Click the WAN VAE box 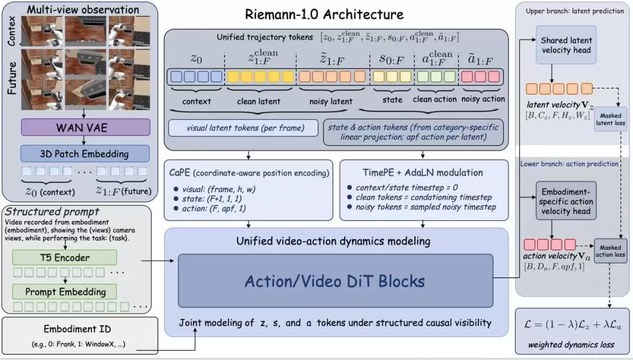[86, 128]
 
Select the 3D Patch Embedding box [85, 154]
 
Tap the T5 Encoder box [64, 258]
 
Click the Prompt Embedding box [64, 292]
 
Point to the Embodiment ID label [77, 329]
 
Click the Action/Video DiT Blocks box [335, 281]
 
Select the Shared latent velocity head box [566, 45]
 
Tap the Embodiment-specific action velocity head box [566, 201]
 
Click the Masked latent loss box [610, 119]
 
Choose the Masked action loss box [610, 251]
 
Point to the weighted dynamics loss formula [571, 324]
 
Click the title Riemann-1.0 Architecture [324, 15]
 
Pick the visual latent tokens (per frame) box [243, 128]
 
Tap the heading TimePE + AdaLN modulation [423, 172]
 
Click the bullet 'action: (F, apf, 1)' [209, 209]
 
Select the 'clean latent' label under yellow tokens [258, 101]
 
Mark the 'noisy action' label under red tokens [483, 99]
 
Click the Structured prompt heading [52, 212]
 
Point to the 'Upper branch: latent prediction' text [574, 11]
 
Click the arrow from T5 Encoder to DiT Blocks [158, 260]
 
